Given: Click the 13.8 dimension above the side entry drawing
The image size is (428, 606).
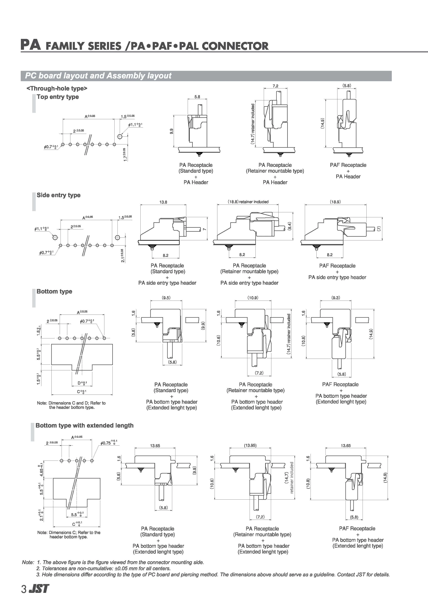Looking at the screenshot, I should coord(163,202).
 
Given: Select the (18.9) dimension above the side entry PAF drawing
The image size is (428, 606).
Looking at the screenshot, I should coord(335,202).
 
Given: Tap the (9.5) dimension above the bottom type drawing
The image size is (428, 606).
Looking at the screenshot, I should coord(166,298).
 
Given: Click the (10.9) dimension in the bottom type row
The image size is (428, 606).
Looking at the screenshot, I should coord(253,298).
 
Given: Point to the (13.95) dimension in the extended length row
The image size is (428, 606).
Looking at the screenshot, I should coord(250,445).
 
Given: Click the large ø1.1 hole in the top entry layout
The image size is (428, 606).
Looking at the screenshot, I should coord(120,136).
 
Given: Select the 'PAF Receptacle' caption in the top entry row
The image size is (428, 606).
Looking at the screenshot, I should coord(348,165).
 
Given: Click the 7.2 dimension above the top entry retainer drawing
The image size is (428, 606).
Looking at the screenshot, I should coord(275,86).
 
